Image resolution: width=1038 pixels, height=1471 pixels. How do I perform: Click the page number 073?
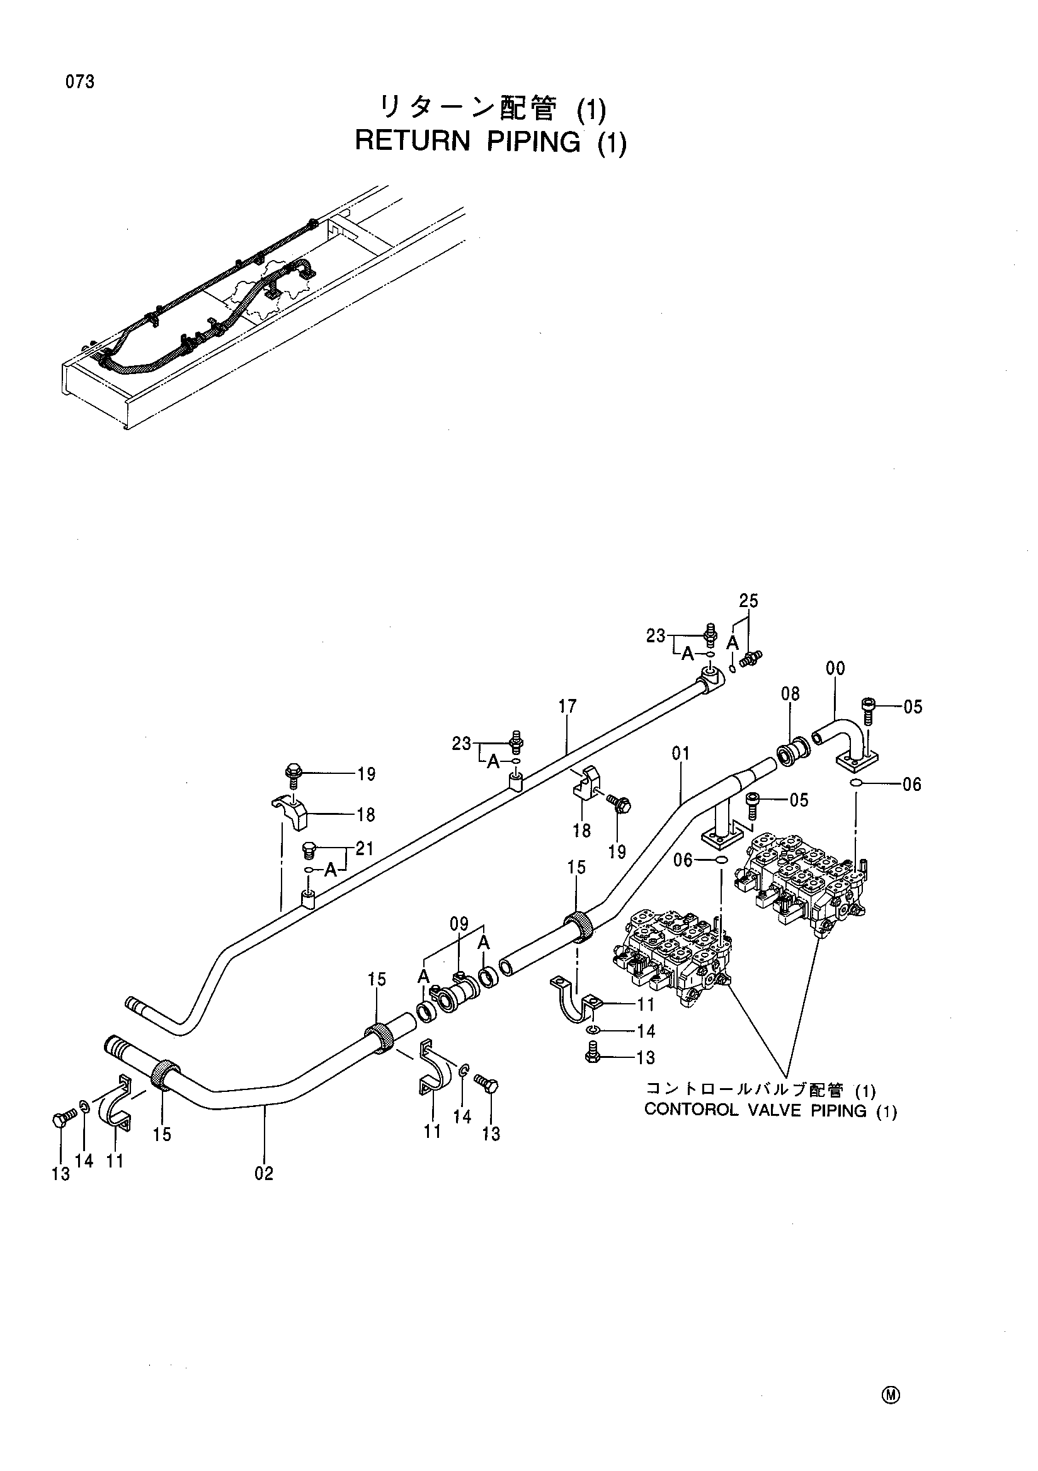(x=79, y=82)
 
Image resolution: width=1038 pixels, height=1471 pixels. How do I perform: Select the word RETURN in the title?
(x=413, y=141)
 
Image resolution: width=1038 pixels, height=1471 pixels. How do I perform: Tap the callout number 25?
(x=748, y=601)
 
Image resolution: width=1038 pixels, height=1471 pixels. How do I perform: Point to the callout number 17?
(x=567, y=706)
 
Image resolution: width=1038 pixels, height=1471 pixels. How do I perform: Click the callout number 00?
(x=835, y=668)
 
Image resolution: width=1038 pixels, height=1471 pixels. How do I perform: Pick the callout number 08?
(x=790, y=693)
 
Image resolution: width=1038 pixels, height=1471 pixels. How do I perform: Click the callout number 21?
(x=365, y=849)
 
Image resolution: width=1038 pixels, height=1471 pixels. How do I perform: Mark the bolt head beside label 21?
(x=309, y=850)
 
